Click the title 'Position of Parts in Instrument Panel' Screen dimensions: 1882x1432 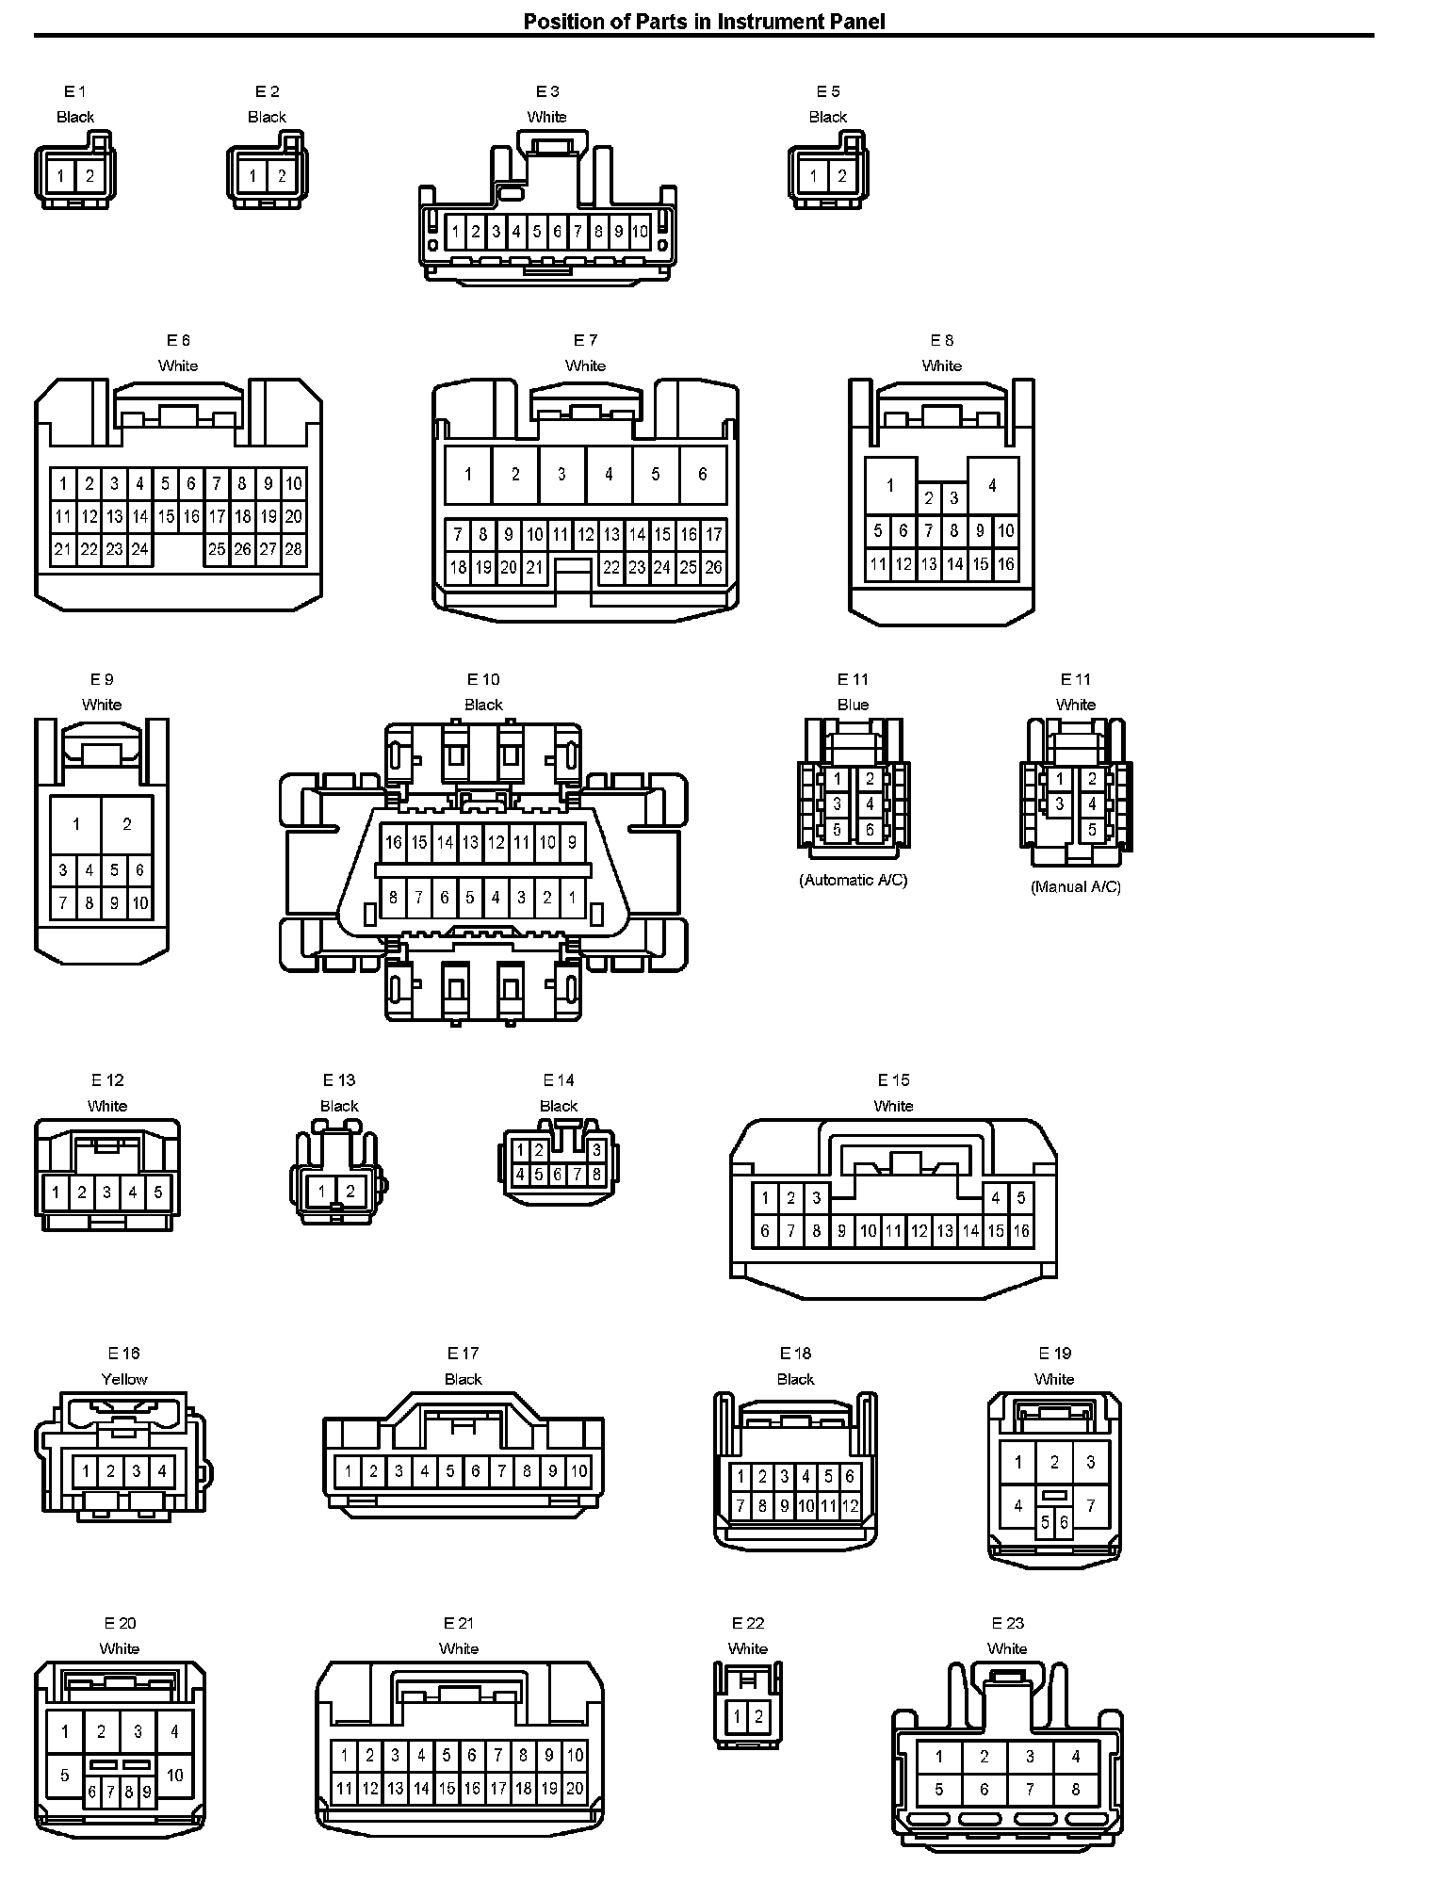pyautogui.click(x=704, y=21)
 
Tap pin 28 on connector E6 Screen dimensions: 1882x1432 pyautogui.click(x=294, y=549)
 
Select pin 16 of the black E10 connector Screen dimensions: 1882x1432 pyautogui.click(x=394, y=843)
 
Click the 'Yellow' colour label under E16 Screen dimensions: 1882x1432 pyautogui.click(x=124, y=1379)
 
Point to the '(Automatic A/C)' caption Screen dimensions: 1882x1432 pyautogui.click(x=854, y=880)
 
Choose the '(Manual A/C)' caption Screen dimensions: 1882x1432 pyautogui.click(x=1076, y=886)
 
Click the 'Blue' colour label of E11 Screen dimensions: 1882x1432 pyautogui.click(x=853, y=705)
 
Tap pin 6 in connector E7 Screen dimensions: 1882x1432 pyautogui.click(x=702, y=474)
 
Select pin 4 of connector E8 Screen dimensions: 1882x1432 pyautogui.click(x=992, y=486)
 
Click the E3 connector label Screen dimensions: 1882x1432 pyautogui.click(x=547, y=91)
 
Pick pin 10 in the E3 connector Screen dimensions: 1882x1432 pyautogui.click(x=640, y=232)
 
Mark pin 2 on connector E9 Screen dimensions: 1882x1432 pyautogui.click(x=127, y=824)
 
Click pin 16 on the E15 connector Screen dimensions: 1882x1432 pyautogui.click(x=1021, y=1230)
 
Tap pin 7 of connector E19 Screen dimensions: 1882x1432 pyautogui.click(x=1090, y=1505)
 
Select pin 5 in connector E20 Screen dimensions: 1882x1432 pyautogui.click(x=64, y=1776)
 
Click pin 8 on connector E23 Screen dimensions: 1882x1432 pyautogui.click(x=1075, y=1789)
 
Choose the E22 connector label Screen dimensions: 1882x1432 pyautogui.click(x=748, y=1623)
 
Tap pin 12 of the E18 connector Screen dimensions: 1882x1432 pyautogui.click(x=850, y=1506)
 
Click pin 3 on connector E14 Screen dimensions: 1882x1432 pyautogui.click(x=596, y=1150)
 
